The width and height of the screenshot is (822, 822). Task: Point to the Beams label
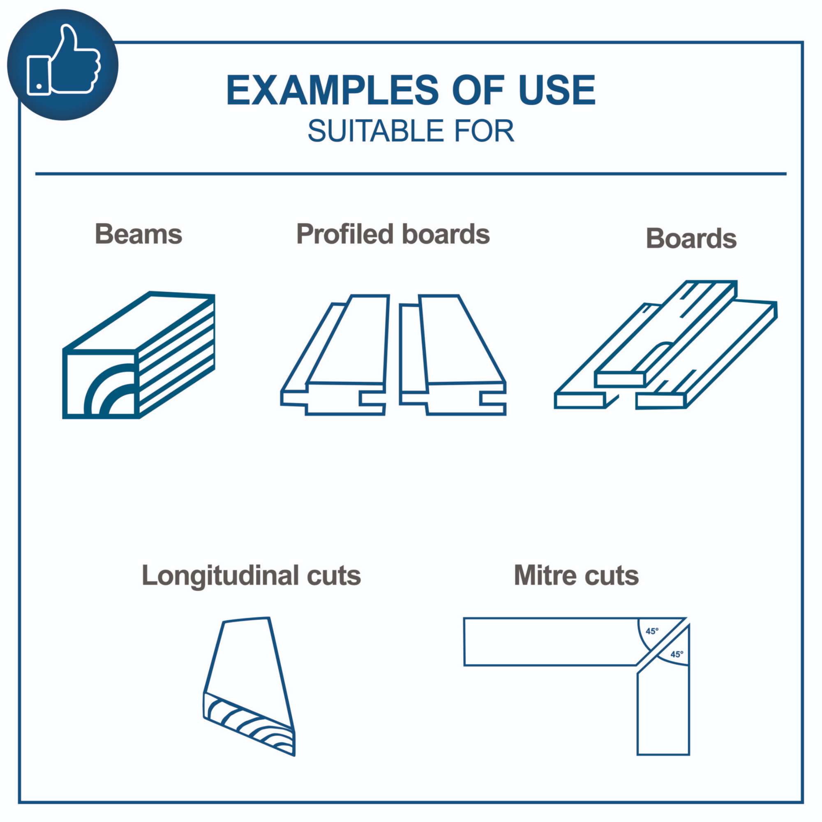[138, 234]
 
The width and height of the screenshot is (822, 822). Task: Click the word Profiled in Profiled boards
[345, 234]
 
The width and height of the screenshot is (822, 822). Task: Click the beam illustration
[139, 355]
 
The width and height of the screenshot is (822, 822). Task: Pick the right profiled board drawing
[453, 355]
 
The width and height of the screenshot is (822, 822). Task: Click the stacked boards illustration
[666, 345]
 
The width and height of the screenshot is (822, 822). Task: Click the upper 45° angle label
[652, 631]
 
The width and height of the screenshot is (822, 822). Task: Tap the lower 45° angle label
[677, 654]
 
